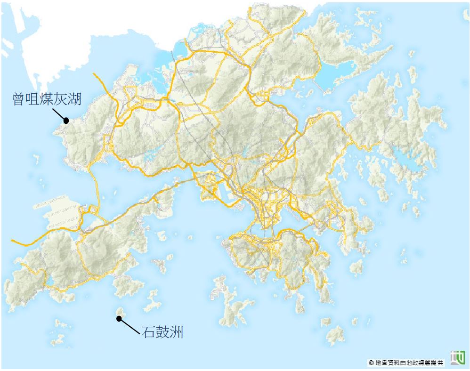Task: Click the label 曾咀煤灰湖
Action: pos(47,99)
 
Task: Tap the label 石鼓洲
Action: pos(162,332)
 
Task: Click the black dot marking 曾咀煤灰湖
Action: pos(66,120)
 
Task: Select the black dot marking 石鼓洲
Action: pos(120,319)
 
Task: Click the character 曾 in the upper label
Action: pos(19,99)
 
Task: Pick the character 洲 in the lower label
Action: pos(177,332)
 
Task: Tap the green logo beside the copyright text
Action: pos(457,358)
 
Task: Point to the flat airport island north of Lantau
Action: pos(61,214)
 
